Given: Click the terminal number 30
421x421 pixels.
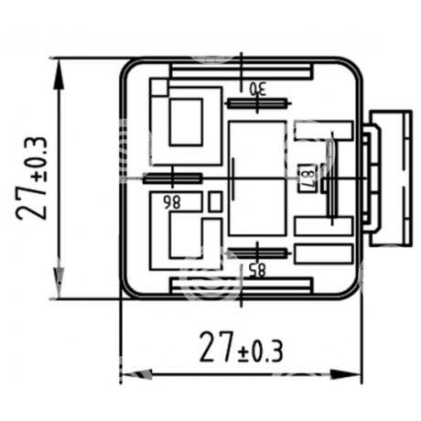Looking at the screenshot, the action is (258, 89).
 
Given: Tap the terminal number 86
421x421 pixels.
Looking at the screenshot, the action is (172, 202).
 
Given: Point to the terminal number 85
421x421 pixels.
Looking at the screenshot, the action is (257, 270).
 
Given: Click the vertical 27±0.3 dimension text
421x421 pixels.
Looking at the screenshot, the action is (32, 178).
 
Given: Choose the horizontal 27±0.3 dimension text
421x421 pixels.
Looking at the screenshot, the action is (242, 347).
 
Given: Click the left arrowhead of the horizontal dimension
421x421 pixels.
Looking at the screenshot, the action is (137, 374).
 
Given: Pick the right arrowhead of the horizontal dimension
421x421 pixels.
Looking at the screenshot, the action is (346, 374).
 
